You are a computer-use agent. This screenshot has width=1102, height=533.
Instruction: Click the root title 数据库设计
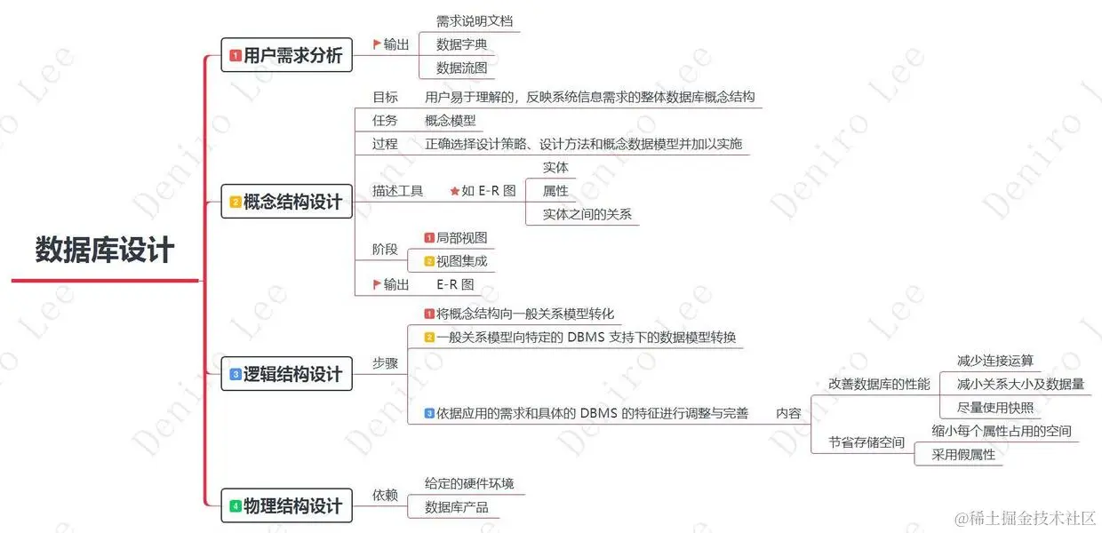[105, 250]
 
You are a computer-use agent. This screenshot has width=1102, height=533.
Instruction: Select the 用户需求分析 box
[286, 55]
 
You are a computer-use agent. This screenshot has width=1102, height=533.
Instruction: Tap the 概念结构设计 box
[286, 203]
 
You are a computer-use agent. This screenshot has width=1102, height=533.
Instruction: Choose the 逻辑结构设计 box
[286, 374]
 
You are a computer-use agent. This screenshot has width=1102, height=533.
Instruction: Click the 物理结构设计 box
[286, 505]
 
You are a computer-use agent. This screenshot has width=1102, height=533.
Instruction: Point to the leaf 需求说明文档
[475, 21]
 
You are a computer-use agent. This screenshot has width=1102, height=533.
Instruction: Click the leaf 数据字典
[461, 44]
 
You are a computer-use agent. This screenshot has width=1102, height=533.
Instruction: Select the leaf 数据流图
[461, 68]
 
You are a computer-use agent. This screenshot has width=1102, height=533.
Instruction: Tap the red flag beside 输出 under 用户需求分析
[377, 44]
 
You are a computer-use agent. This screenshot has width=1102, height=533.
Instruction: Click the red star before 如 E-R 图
[454, 191]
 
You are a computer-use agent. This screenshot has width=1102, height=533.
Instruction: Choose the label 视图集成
[461, 261]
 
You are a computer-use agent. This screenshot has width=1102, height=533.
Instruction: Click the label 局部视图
[461, 238]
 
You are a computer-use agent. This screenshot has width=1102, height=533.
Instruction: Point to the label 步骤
[385, 363]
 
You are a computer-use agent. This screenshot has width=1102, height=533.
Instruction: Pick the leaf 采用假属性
[963, 455]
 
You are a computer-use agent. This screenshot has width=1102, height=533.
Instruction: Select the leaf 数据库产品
[456, 507]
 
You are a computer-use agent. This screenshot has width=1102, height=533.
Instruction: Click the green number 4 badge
[235, 506]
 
